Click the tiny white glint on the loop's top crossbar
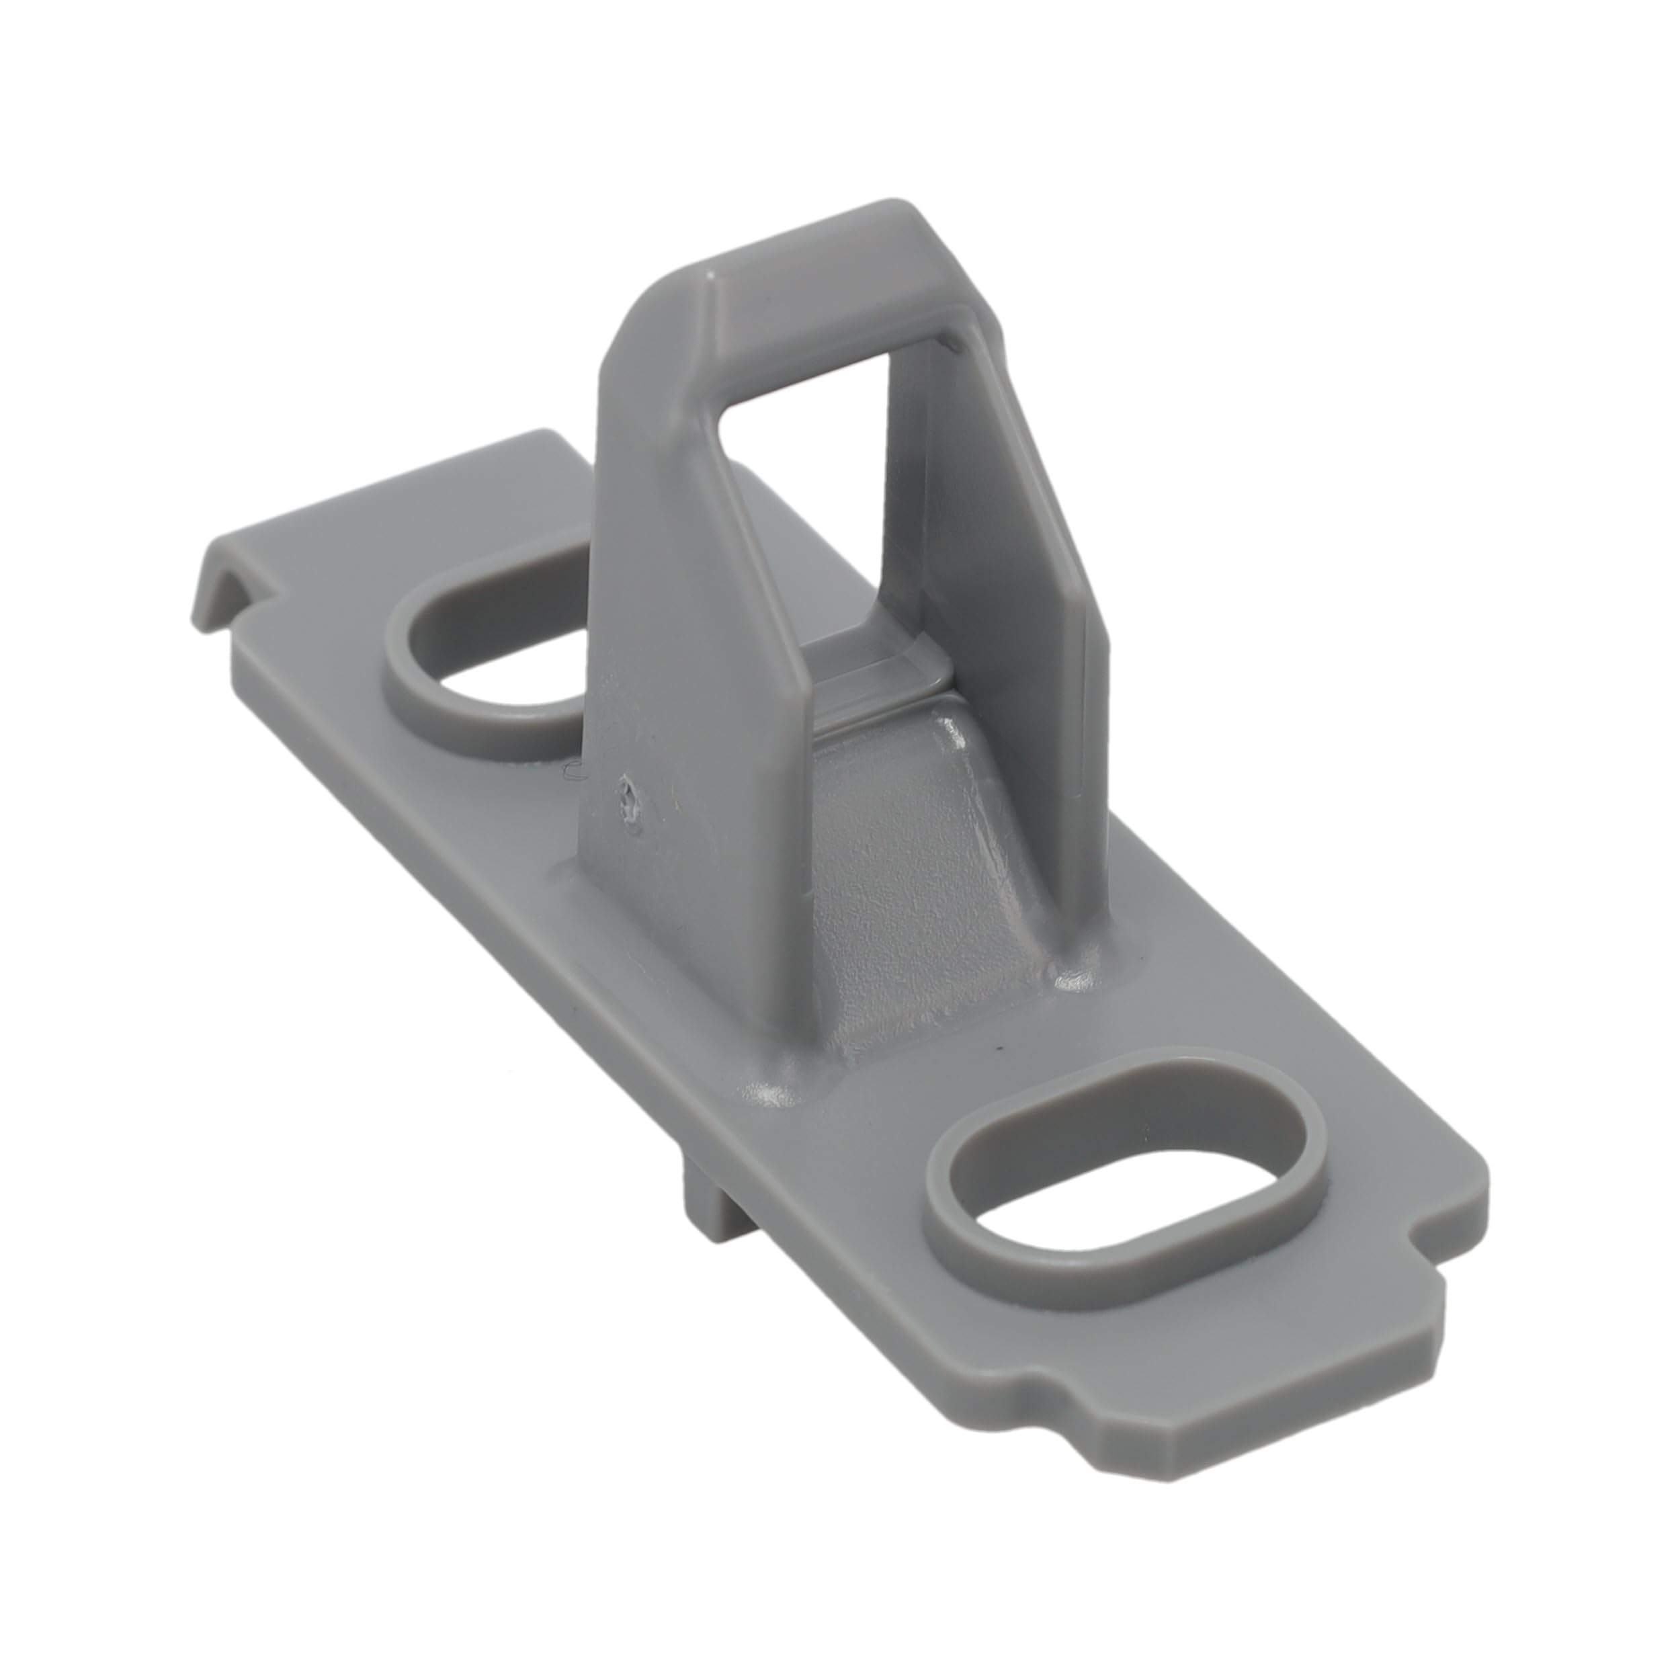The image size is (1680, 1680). pyautogui.click(x=710, y=279)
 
